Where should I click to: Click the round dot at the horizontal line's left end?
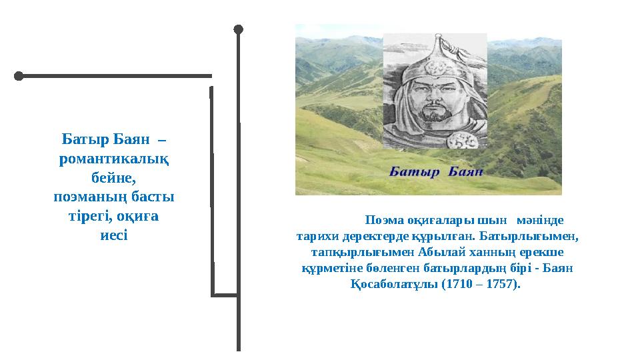click(x=19, y=76)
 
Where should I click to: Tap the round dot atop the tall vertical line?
click(x=239, y=29)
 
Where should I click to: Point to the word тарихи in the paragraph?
click(x=317, y=236)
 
